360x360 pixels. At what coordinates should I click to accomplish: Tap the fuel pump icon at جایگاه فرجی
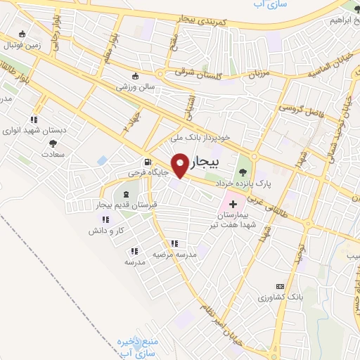(147, 161)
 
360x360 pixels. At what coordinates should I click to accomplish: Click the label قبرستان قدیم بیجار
(126, 205)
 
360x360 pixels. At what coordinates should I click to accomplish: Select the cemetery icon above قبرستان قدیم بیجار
(126, 194)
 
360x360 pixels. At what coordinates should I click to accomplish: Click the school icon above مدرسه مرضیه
(174, 244)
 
